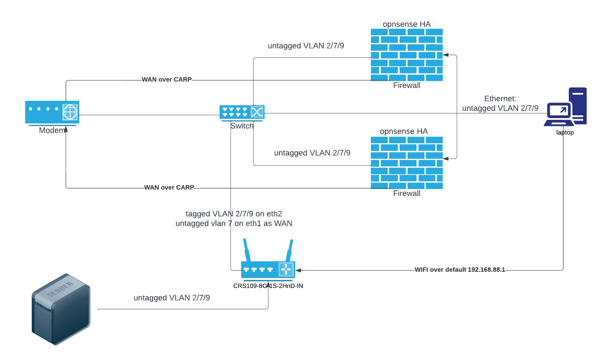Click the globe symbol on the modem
point(70,112)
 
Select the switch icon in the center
point(242,112)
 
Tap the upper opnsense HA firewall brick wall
point(406,55)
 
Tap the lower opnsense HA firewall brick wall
point(406,163)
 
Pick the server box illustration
point(61,309)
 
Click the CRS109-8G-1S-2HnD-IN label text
point(268,286)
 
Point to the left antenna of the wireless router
point(247,250)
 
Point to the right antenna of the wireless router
point(289,250)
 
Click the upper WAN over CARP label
point(167,80)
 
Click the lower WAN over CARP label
point(169,188)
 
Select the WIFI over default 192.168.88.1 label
point(460,270)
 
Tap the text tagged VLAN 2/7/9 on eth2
point(234,214)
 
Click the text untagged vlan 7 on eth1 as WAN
point(234,224)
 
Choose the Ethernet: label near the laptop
point(500,99)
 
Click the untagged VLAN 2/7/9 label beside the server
point(172,298)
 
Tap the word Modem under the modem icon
point(52,130)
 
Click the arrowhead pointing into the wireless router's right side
point(298,270)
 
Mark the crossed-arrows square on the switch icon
point(257,112)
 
